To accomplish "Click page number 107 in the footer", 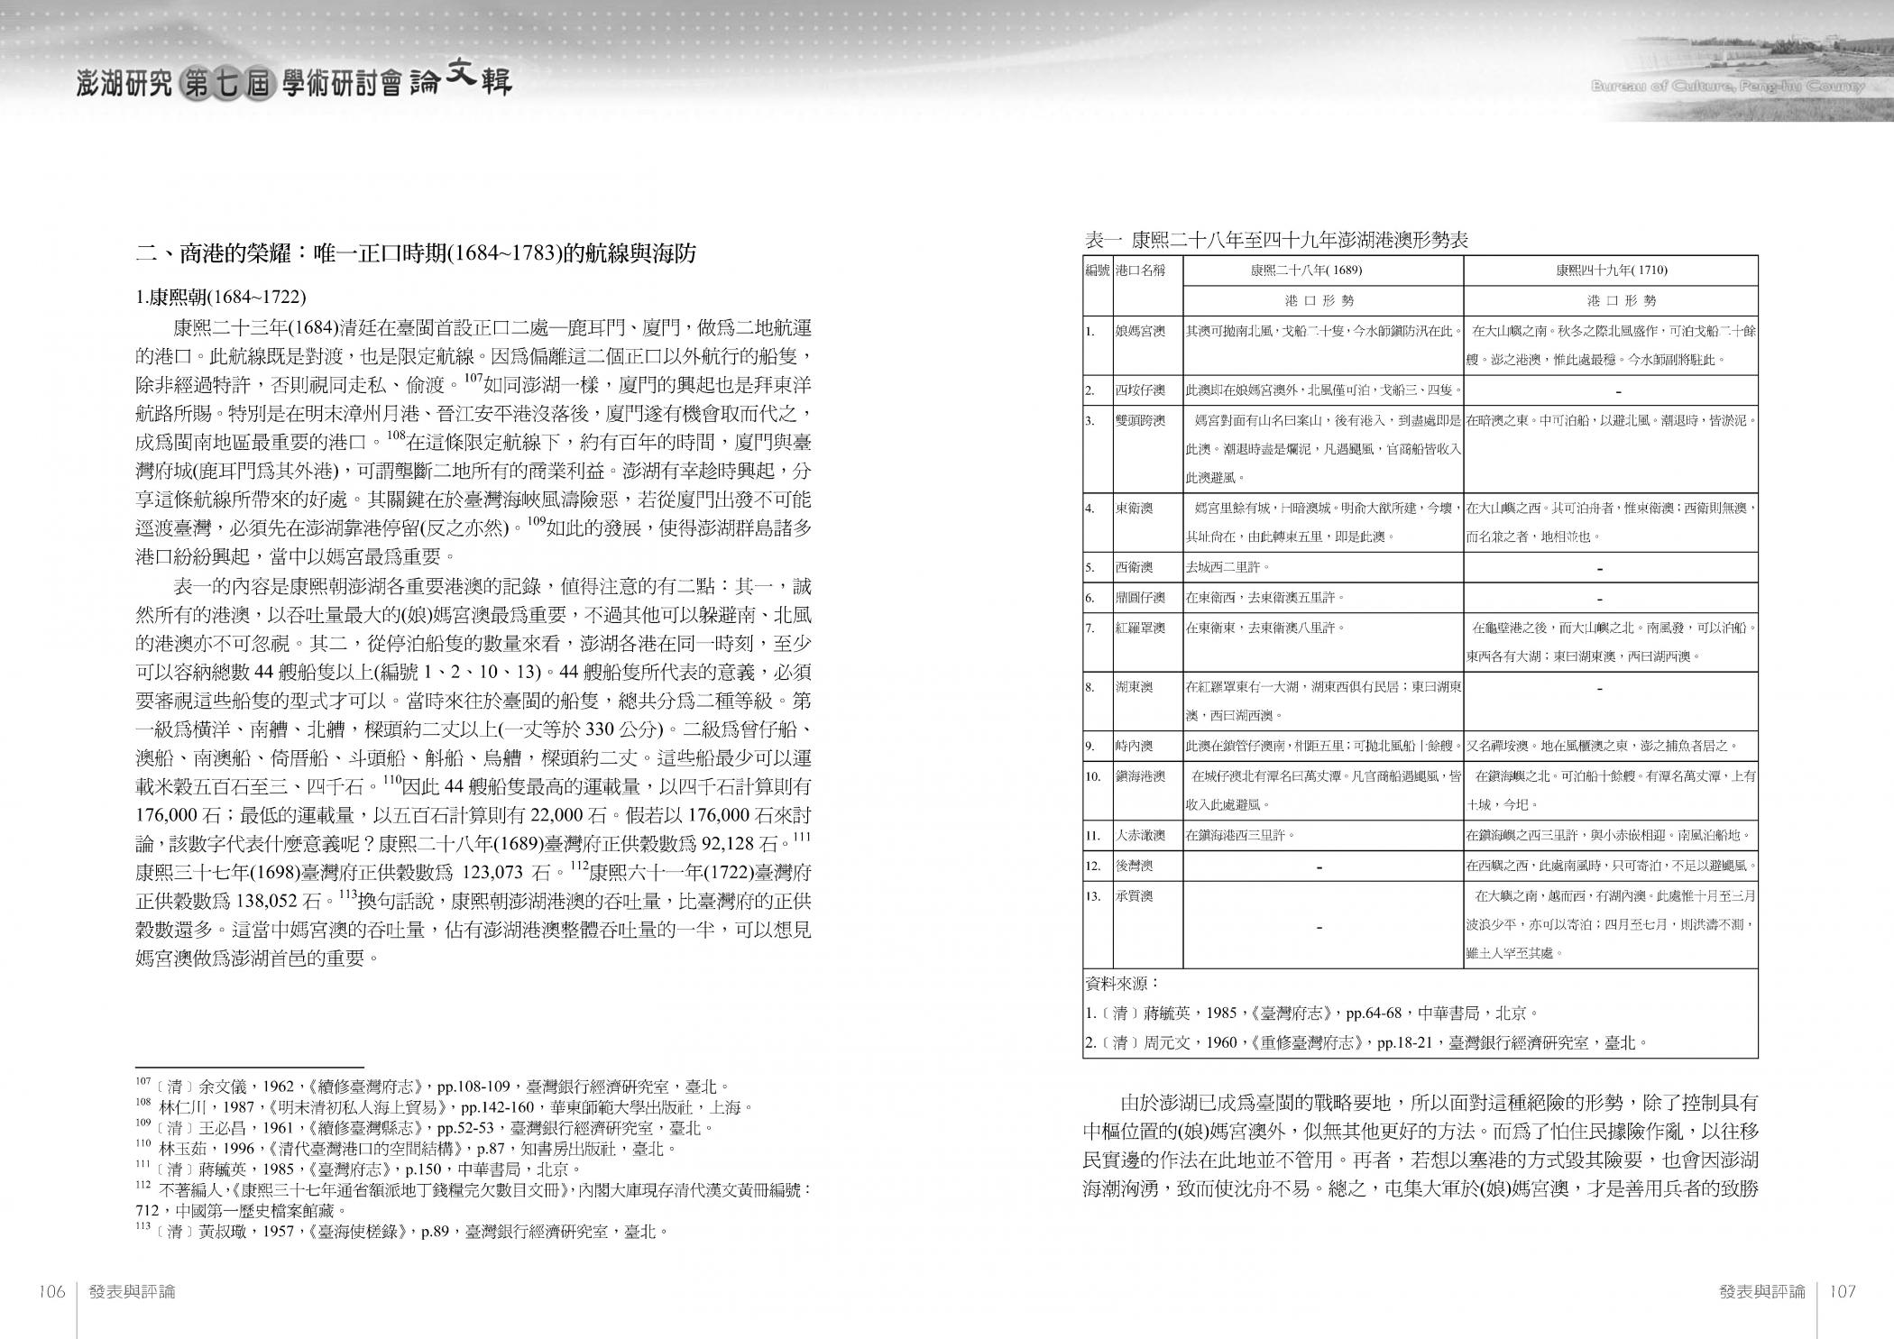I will click(1841, 1291).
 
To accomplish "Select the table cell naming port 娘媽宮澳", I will click(1140, 331).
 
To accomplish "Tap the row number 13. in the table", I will click(1094, 896).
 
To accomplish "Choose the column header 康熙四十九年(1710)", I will click(1611, 270).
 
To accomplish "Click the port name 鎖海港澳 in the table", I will click(1140, 776).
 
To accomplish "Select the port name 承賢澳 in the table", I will click(1135, 896).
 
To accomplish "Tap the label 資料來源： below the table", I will click(1122, 983).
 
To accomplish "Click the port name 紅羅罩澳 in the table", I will click(1140, 628).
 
